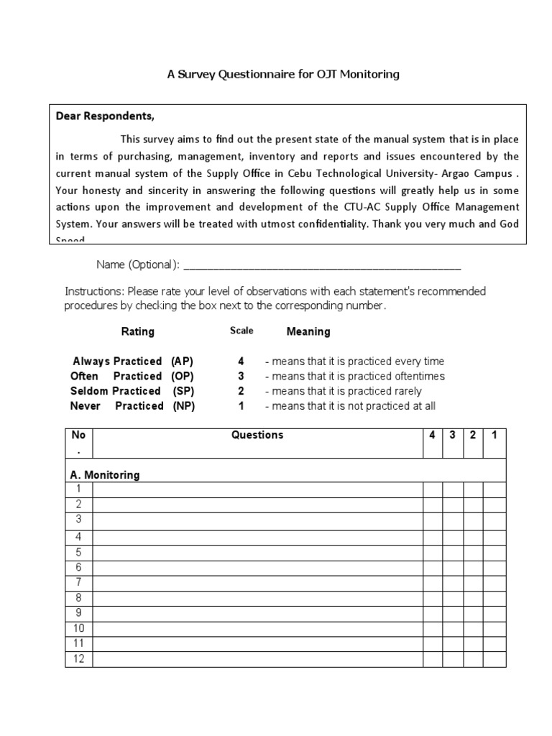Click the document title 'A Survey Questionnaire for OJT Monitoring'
[x=282, y=74]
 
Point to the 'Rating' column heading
[x=137, y=331]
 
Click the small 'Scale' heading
[x=241, y=331]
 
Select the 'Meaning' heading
[x=308, y=331]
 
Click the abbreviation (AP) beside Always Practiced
[x=183, y=361]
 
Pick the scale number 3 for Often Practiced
[x=241, y=376]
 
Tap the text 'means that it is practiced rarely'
[x=346, y=391]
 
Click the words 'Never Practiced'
[x=117, y=406]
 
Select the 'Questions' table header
[x=257, y=435]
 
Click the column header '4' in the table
[x=432, y=435]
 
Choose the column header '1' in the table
[x=494, y=435]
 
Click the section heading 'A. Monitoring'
[x=105, y=475]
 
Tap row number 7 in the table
[x=78, y=582]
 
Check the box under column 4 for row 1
[x=432, y=489]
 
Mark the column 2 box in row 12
[x=473, y=659]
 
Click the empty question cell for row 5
[x=257, y=553]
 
